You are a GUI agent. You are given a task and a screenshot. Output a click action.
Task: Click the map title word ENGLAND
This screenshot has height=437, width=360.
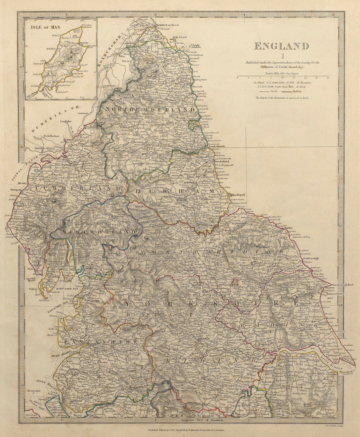pyautogui.click(x=282, y=46)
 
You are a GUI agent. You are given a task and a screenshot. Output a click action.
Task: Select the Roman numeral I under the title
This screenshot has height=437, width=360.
pyautogui.click(x=282, y=57)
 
